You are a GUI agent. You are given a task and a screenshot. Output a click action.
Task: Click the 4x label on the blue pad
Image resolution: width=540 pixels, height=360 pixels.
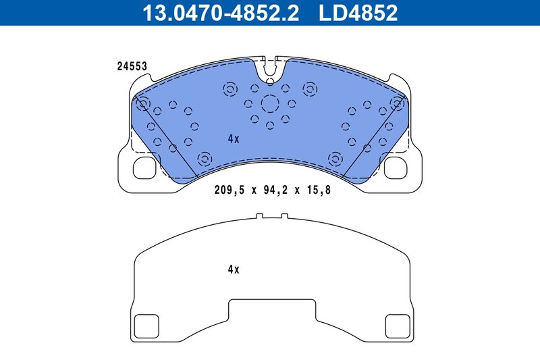point(234,138)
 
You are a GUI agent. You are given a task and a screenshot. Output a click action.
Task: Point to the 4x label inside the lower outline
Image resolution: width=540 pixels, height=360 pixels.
point(234,269)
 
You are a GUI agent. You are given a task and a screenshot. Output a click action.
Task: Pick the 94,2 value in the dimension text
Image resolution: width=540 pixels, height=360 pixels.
point(273,190)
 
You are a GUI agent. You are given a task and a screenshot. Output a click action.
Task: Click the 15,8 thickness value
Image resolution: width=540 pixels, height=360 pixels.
point(318,190)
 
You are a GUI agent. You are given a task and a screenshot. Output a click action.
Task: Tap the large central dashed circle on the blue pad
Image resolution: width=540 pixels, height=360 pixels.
point(270,104)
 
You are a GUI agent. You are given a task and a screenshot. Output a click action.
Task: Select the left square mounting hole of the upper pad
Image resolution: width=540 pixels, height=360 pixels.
point(144,168)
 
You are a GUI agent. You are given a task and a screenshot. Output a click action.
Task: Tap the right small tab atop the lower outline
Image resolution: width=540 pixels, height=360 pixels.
point(284,217)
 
